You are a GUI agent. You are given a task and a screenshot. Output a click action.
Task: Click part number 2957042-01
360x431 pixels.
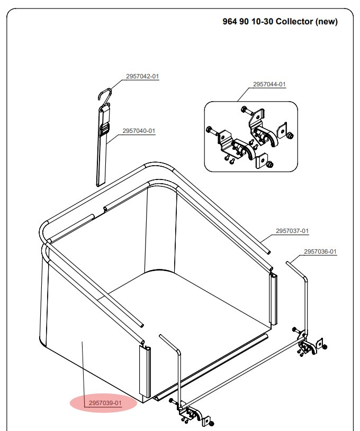pyautogui.click(x=142, y=76)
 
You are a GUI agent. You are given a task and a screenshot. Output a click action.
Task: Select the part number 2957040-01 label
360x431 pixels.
pyautogui.click(x=139, y=131)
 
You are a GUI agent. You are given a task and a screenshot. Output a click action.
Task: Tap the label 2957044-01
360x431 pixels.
pyautogui.click(x=269, y=84)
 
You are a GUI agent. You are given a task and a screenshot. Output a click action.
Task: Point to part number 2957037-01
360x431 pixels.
pyautogui.click(x=292, y=231)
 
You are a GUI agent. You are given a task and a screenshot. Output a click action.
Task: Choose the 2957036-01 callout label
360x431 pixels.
pyautogui.click(x=320, y=252)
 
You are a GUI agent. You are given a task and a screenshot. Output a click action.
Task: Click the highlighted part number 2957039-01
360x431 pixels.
pyautogui.click(x=105, y=403)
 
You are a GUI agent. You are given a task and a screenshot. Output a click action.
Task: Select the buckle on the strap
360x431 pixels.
pyautogui.click(x=105, y=129)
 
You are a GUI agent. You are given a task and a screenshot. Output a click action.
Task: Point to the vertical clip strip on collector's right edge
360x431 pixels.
pyautogui.click(x=274, y=299)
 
